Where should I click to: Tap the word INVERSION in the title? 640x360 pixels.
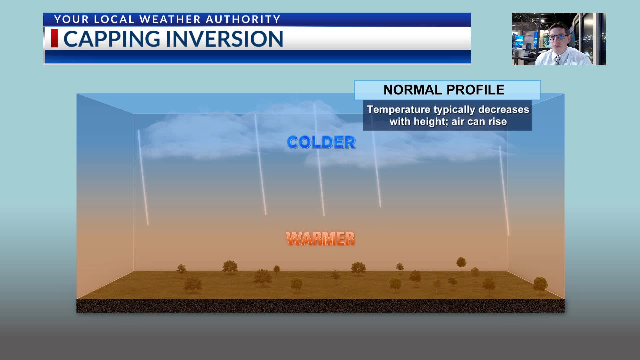[x=224, y=39]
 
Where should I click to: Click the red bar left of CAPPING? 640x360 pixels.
[x=54, y=38]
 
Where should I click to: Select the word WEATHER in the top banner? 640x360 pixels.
[x=170, y=19]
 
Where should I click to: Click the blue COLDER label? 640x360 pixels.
[x=321, y=142]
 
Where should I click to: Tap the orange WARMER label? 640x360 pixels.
[x=320, y=239]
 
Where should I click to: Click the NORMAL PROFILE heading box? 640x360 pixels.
[x=447, y=90]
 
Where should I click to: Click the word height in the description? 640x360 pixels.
[x=430, y=122]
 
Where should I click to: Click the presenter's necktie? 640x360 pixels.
[x=557, y=60]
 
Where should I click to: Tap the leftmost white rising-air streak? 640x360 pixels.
[x=143, y=177]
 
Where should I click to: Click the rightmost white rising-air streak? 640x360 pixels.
[x=504, y=190]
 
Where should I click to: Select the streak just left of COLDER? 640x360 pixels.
[x=260, y=163]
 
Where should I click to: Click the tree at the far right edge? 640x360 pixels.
[x=540, y=284]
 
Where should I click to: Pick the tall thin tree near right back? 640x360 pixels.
[x=461, y=263]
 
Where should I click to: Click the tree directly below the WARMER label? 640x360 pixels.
[x=335, y=274]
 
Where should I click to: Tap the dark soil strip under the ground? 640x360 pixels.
[x=320, y=306]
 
